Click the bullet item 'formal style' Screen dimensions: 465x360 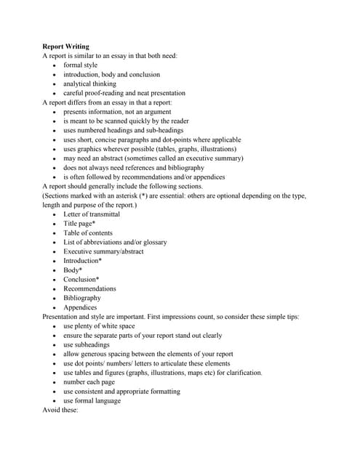tap(80, 65)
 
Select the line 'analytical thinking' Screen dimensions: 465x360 tap(89, 84)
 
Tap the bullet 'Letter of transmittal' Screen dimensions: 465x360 tap(92, 214)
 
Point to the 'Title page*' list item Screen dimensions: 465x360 tap(79, 224)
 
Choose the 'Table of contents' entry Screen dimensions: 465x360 tap(88, 233)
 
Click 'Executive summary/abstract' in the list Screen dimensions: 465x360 tap(103, 251)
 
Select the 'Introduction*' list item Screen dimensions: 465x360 tap(82, 261)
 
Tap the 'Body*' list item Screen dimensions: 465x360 tap(73, 270)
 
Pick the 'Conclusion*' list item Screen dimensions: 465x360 tap(81, 279)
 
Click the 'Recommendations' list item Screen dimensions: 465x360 tap(89, 288)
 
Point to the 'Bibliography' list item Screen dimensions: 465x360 tap(82, 298)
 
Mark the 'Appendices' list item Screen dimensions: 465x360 tap(80, 307)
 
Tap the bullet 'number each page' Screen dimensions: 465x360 tap(89, 382)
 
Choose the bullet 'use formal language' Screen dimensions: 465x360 tap(92, 400)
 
